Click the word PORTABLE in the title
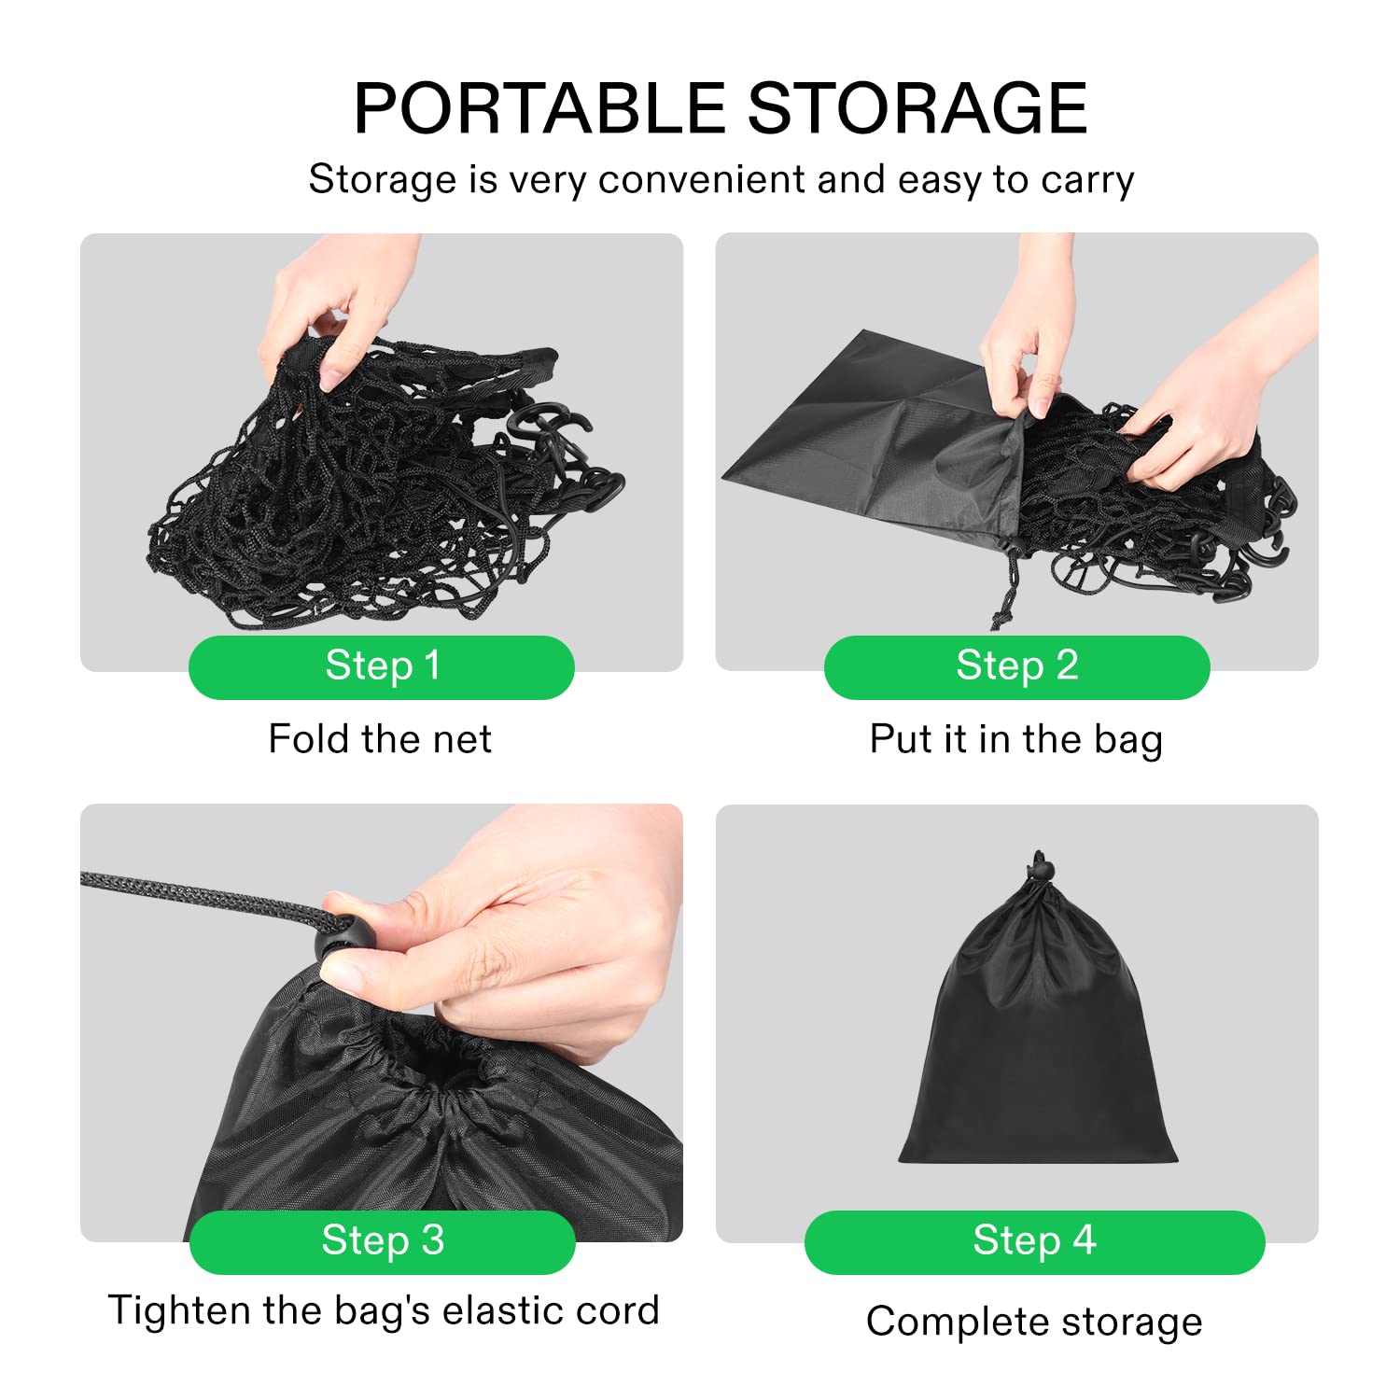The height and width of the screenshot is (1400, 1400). click(540, 108)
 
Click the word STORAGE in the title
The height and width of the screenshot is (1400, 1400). click(917, 108)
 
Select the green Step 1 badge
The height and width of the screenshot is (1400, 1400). click(381, 666)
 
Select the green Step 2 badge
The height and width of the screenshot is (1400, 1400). click(1016, 666)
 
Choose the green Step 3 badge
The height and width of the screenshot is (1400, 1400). click(382, 1241)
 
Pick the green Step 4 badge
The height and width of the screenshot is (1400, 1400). click(1034, 1241)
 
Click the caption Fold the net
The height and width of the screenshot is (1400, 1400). click(380, 739)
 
